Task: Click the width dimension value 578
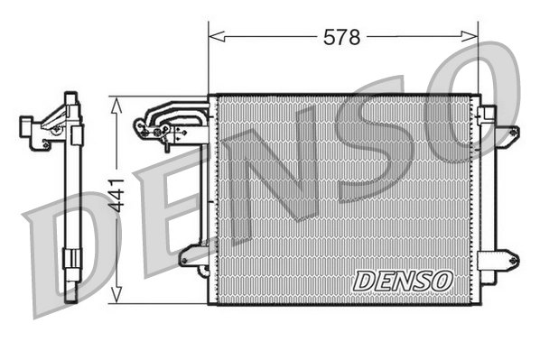pos(342,37)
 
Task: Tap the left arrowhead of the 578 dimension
pos(214,37)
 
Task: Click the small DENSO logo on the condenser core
pos(402,281)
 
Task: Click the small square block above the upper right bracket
pos(486,112)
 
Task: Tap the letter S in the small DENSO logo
pos(420,281)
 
